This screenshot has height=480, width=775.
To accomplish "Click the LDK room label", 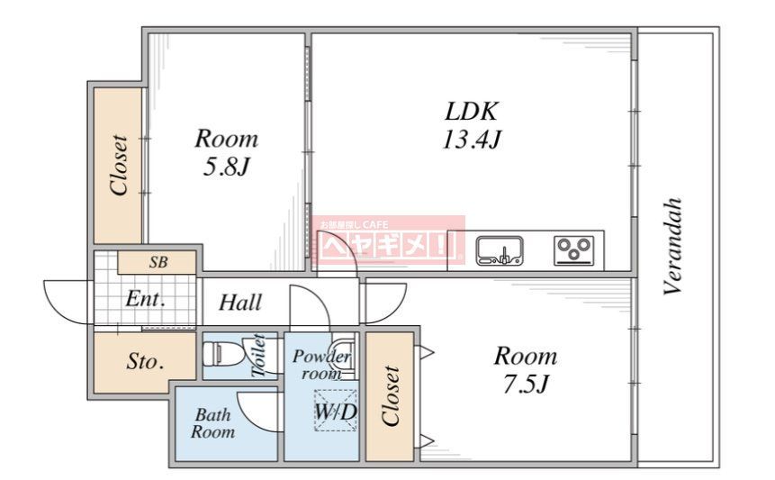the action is (472, 112).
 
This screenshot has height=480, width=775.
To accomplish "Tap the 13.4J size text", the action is (472, 140).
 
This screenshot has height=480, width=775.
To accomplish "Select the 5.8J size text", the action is (226, 168).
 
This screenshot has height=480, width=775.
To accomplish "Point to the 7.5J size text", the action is (526, 384).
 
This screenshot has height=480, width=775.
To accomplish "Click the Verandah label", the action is (673, 246).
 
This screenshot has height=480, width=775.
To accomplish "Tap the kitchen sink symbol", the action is (500, 250).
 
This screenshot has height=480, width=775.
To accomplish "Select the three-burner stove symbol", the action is (573, 250).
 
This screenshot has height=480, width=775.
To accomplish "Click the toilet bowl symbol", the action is (222, 353).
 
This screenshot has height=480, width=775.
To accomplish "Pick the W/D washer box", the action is (336, 411).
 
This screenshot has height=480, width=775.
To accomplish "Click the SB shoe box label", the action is (158, 262).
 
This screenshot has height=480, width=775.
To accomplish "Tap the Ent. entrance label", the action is (145, 299).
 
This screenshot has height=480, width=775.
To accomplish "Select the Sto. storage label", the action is (145, 362).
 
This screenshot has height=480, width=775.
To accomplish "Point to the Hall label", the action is (240, 303).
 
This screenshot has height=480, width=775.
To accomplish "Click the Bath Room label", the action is (213, 423).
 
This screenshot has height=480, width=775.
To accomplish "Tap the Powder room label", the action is (321, 365).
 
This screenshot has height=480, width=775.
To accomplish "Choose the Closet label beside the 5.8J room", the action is (119, 165).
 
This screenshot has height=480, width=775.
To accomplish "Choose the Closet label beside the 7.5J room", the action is (391, 396).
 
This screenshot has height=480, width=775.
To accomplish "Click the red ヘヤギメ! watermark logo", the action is (389, 240).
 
